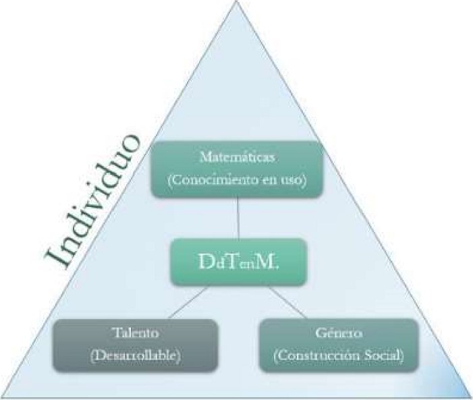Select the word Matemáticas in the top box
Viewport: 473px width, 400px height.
(x=237, y=157)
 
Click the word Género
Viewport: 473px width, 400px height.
(x=338, y=334)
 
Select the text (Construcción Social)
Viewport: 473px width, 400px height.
(x=338, y=355)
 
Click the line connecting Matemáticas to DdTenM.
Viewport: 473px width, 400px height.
(x=237, y=217)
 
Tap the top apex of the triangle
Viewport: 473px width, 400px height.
(x=237, y=3)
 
